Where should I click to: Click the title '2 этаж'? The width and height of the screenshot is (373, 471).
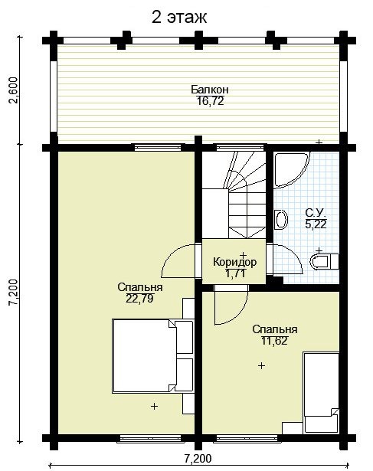[x=179, y=18]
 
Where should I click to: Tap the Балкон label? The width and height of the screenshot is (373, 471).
[x=210, y=90]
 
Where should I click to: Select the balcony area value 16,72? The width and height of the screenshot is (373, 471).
[x=210, y=101]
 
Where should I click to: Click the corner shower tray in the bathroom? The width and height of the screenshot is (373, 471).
[x=291, y=170]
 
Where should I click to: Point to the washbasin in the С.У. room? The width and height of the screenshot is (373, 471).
[x=281, y=219]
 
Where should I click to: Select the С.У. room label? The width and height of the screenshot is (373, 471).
[x=316, y=213]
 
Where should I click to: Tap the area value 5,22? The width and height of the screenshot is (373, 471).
[x=316, y=224]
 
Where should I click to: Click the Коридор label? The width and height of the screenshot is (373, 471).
[x=235, y=262]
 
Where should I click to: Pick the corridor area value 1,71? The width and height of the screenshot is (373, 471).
[x=235, y=273]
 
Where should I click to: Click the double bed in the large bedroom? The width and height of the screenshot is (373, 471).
[x=152, y=355]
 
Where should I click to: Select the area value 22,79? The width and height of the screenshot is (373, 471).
[x=139, y=299]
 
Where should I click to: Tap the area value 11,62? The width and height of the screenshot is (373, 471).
[x=274, y=341]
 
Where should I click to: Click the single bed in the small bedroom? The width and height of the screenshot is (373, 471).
[x=321, y=393]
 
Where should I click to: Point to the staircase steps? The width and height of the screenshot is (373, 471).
[x=234, y=195]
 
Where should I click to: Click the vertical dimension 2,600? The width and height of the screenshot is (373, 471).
[x=14, y=90]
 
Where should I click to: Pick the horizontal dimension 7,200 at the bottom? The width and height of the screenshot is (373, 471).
[x=198, y=459]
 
